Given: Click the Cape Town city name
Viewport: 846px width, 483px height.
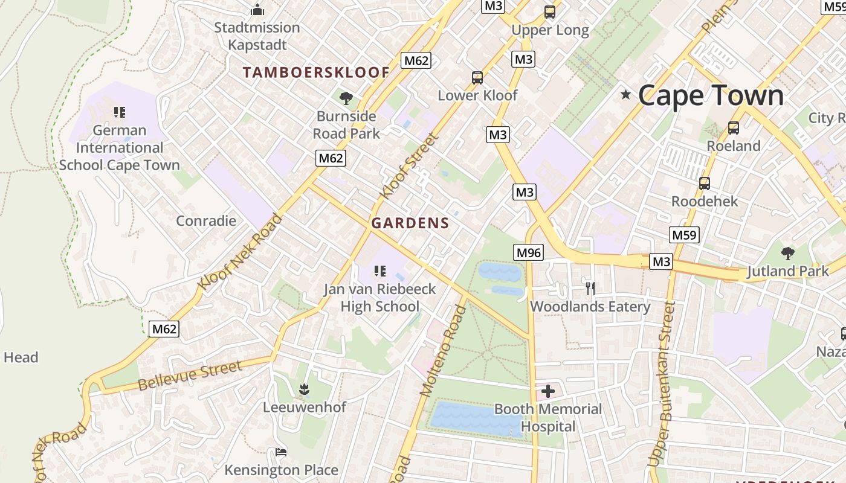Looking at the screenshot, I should click(711, 95).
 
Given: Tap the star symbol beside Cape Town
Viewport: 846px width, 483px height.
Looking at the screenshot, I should click(626, 95).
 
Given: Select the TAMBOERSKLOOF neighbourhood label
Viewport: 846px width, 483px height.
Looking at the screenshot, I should click(316, 72).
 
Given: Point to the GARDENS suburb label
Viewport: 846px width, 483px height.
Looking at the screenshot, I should click(410, 223).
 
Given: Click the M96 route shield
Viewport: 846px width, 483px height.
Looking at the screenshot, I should click(529, 252).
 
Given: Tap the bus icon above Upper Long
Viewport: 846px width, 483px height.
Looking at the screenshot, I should click(549, 11).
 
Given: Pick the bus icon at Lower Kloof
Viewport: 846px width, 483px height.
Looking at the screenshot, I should click(477, 78).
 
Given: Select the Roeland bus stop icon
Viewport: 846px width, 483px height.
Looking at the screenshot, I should click(733, 128).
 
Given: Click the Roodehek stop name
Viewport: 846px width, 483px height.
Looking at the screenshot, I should click(705, 201).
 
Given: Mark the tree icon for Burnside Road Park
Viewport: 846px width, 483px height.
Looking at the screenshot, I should click(346, 98).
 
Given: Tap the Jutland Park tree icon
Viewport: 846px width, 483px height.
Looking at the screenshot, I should click(787, 254).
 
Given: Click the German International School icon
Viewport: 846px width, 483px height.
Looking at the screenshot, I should click(120, 112).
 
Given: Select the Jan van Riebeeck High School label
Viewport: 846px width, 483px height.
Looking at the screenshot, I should click(379, 298).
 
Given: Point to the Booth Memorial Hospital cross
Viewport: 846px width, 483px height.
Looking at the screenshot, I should click(548, 391).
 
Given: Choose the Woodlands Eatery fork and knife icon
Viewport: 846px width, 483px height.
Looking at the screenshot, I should click(590, 289).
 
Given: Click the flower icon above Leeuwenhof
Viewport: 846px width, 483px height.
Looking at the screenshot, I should click(304, 389).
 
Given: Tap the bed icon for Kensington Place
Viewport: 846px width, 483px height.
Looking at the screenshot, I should click(281, 452).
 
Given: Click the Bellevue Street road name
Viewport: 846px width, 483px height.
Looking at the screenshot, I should click(190, 376).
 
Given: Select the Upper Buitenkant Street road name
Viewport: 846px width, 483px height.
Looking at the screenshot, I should click(660, 384).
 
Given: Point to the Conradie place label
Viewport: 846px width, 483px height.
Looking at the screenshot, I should click(206, 220).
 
